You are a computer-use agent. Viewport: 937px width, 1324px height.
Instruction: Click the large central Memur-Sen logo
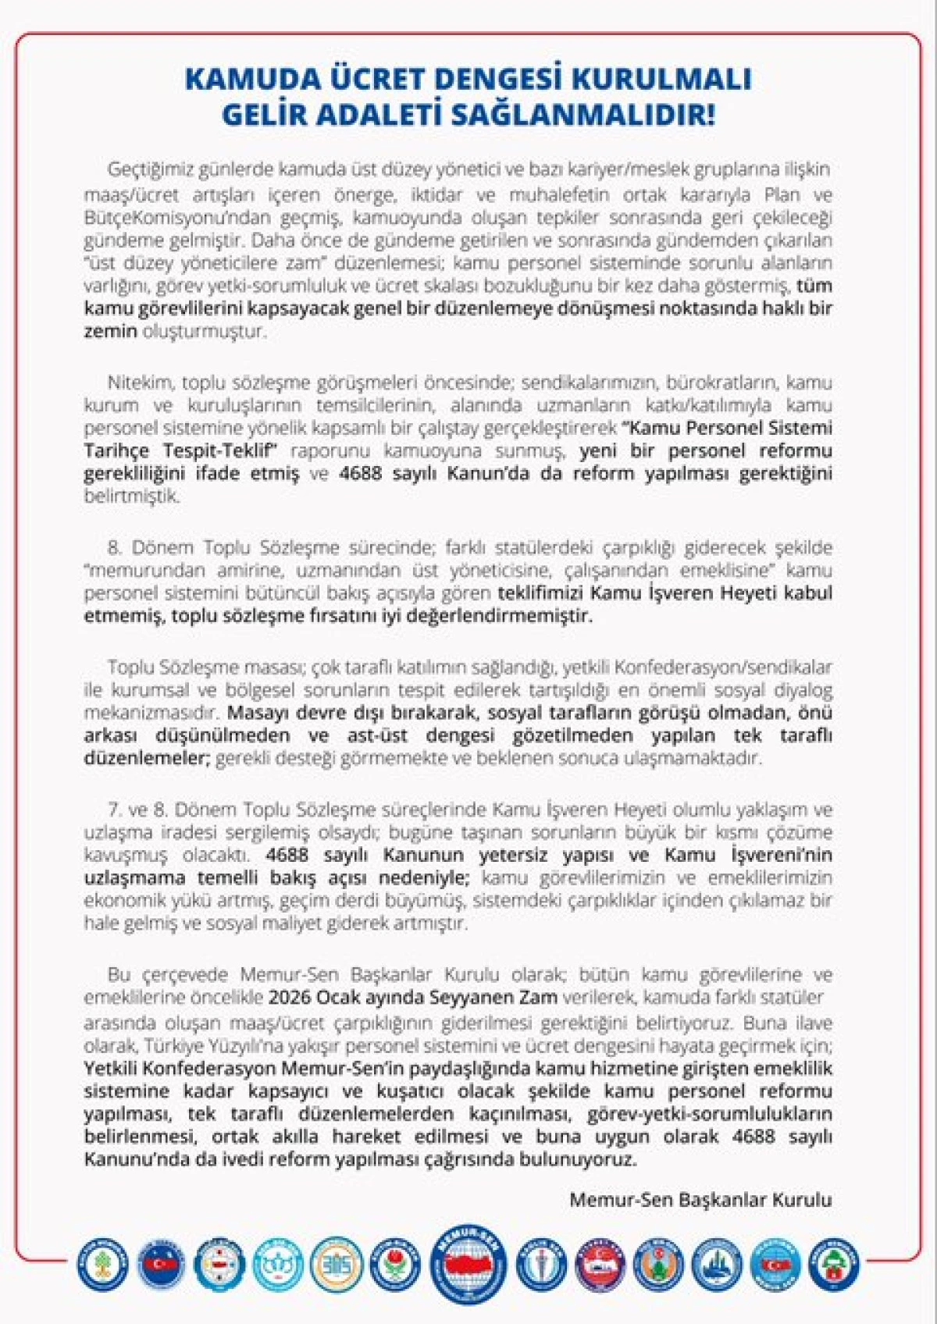pos(468,1264)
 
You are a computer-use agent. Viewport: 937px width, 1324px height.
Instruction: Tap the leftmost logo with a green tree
pos(102,1264)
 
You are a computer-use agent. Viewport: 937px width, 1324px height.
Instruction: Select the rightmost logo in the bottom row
pos(835,1264)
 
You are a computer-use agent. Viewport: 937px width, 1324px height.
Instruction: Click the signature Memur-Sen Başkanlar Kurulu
pos(700,1199)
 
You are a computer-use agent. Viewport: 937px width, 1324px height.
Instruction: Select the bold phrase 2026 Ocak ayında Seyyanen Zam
pos(413,997)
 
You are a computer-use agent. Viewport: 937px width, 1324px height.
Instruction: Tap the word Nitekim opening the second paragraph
pos(141,383)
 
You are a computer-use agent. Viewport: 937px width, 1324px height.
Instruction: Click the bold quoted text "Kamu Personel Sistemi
pos(726,428)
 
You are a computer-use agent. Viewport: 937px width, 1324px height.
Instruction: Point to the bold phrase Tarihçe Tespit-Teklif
pos(181,450)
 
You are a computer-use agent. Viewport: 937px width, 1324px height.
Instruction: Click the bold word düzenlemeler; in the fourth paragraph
pos(147,758)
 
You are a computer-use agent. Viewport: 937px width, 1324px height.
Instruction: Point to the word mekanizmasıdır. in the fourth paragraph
pos(153,712)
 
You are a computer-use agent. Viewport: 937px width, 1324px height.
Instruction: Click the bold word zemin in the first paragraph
pos(110,331)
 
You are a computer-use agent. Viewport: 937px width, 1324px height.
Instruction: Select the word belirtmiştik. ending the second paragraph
pos(132,496)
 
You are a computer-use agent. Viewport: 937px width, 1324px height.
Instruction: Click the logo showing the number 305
pos(337,1264)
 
